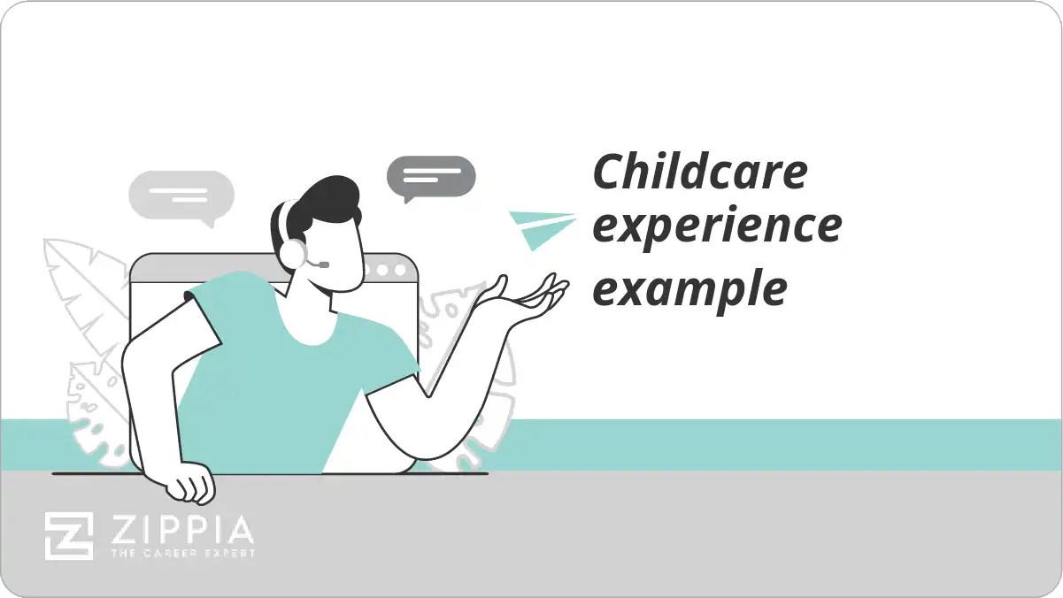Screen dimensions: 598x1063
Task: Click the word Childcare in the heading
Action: tap(699, 172)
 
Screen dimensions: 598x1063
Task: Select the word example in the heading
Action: tap(689, 288)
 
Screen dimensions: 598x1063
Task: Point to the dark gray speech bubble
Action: tap(431, 176)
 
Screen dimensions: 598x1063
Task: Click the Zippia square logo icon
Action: tap(69, 535)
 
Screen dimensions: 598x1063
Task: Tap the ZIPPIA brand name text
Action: tap(181, 531)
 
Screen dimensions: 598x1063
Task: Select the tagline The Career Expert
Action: tap(181, 554)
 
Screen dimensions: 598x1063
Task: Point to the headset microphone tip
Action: tap(325, 264)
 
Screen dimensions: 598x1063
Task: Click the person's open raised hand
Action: tap(522, 296)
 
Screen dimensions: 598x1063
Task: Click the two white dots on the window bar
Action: tap(389, 268)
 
